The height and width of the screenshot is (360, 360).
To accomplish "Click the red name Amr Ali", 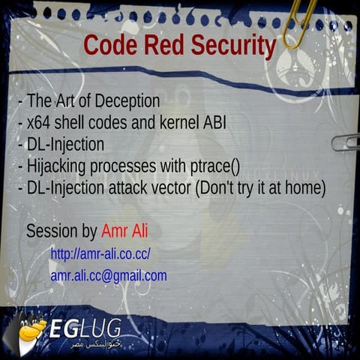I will (x=124, y=231).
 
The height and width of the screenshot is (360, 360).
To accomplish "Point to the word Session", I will (x=50, y=231).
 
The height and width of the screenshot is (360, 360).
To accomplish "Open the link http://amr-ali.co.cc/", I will (x=100, y=254).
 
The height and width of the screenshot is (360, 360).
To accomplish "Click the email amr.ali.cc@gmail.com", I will (x=109, y=276).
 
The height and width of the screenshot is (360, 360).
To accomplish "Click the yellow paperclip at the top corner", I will (x=298, y=22).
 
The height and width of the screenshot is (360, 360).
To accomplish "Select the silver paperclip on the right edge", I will (x=346, y=142).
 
